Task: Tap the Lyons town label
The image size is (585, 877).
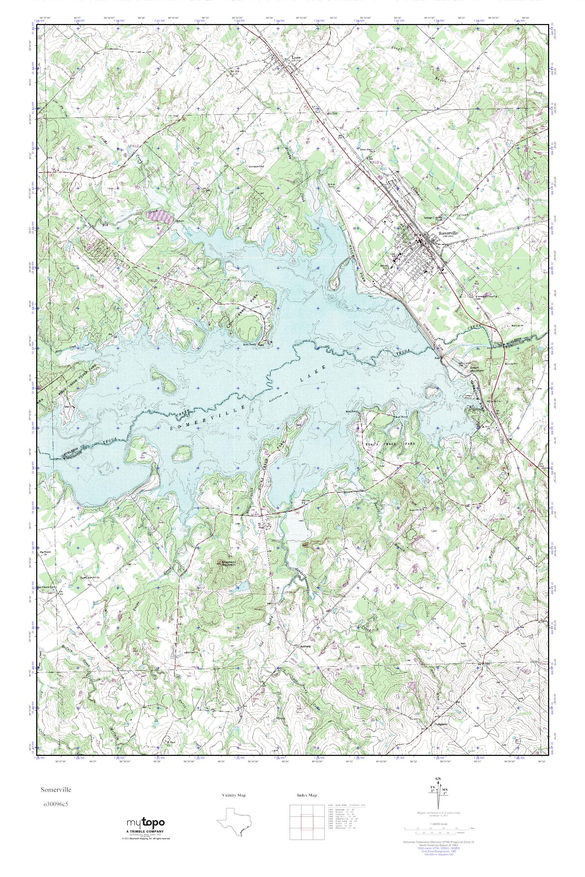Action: [x=296, y=58]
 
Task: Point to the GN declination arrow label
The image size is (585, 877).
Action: [x=438, y=789]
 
